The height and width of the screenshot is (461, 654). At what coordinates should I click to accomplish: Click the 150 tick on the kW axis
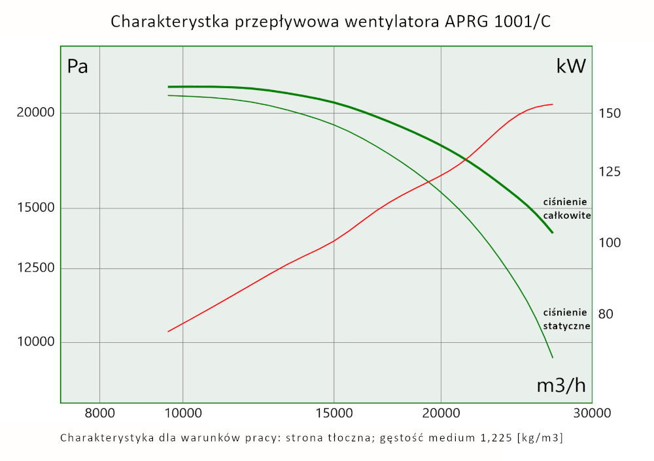(610, 114)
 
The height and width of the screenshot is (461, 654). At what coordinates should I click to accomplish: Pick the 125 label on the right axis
(610, 172)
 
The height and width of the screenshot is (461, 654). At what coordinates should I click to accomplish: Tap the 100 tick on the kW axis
(610, 243)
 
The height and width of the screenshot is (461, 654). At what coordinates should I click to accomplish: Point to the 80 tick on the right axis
(606, 314)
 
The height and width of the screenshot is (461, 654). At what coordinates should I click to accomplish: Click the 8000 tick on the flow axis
(99, 413)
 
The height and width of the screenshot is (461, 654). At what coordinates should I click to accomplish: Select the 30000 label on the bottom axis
(593, 413)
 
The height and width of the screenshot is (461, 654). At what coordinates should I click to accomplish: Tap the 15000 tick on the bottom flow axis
(334, 413)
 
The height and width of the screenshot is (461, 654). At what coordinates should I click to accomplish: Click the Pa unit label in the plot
(78, 67)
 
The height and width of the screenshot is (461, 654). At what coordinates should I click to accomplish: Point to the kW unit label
(571, 67)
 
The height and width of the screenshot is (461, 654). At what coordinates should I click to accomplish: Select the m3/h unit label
(561, 385)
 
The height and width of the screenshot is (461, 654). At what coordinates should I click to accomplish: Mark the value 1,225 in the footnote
(494, 437)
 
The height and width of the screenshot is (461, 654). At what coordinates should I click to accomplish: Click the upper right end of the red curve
(553, 104)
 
